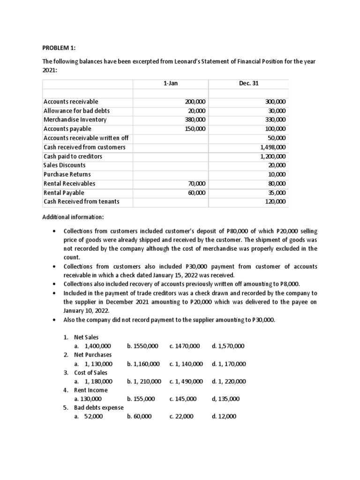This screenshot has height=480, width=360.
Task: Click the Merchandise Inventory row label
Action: click(75, 120)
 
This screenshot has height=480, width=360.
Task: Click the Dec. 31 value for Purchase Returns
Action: click(278, 174)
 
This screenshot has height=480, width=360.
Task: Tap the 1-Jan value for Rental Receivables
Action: click(196, 184)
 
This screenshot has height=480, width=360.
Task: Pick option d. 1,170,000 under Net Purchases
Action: click(228, 364)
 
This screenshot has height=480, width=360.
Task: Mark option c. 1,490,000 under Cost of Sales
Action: click(186, 382)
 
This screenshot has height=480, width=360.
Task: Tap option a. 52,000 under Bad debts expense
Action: click(92, 416)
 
